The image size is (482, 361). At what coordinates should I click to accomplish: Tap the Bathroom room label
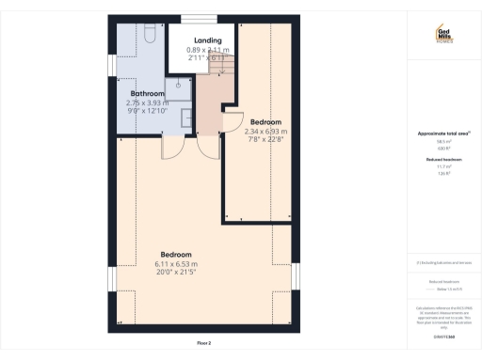(147, 94)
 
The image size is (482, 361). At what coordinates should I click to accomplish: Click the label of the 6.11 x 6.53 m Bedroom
(176, 255)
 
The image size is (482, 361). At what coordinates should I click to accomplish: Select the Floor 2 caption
(203, 344)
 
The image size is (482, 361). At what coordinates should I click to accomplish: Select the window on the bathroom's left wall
(111, 63)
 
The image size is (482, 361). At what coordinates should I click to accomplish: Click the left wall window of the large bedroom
(111, 280)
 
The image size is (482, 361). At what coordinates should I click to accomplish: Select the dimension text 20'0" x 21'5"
(176, 273)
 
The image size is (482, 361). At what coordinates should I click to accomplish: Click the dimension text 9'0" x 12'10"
(147, 111)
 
